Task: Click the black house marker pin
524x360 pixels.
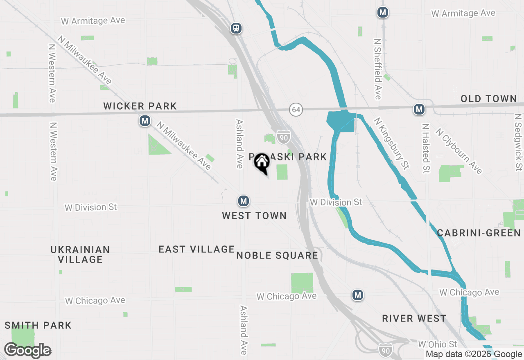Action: click(x=262, y=163)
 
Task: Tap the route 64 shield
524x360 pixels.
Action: click(x=296, y=110)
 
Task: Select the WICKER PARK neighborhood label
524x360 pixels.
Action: click(x=140, y=106)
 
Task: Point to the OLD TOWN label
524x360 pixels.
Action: click(x=488, y=99)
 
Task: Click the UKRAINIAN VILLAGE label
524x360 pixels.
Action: click(x=80, y=254)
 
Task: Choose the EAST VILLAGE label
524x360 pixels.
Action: click(x=196, y=249)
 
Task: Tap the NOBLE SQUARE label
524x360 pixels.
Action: click(x=277, y=256)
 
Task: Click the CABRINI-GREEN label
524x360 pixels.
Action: click(x=479, y=233)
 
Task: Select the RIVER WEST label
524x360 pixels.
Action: click(x=414, y=319)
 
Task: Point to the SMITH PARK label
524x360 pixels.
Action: click(x=38, y=326)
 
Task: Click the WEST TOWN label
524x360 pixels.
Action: click(x=254, y=216)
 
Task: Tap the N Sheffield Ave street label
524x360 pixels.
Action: click(x=377, y=69)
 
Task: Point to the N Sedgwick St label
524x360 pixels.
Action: click(x=519, y=142)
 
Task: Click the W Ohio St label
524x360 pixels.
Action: click(x=437, y=344)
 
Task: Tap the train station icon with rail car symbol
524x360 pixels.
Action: click(x=236, y=28)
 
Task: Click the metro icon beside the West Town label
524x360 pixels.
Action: click(x=244, y=201)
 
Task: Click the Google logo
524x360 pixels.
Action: click(x=28, y=351)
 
